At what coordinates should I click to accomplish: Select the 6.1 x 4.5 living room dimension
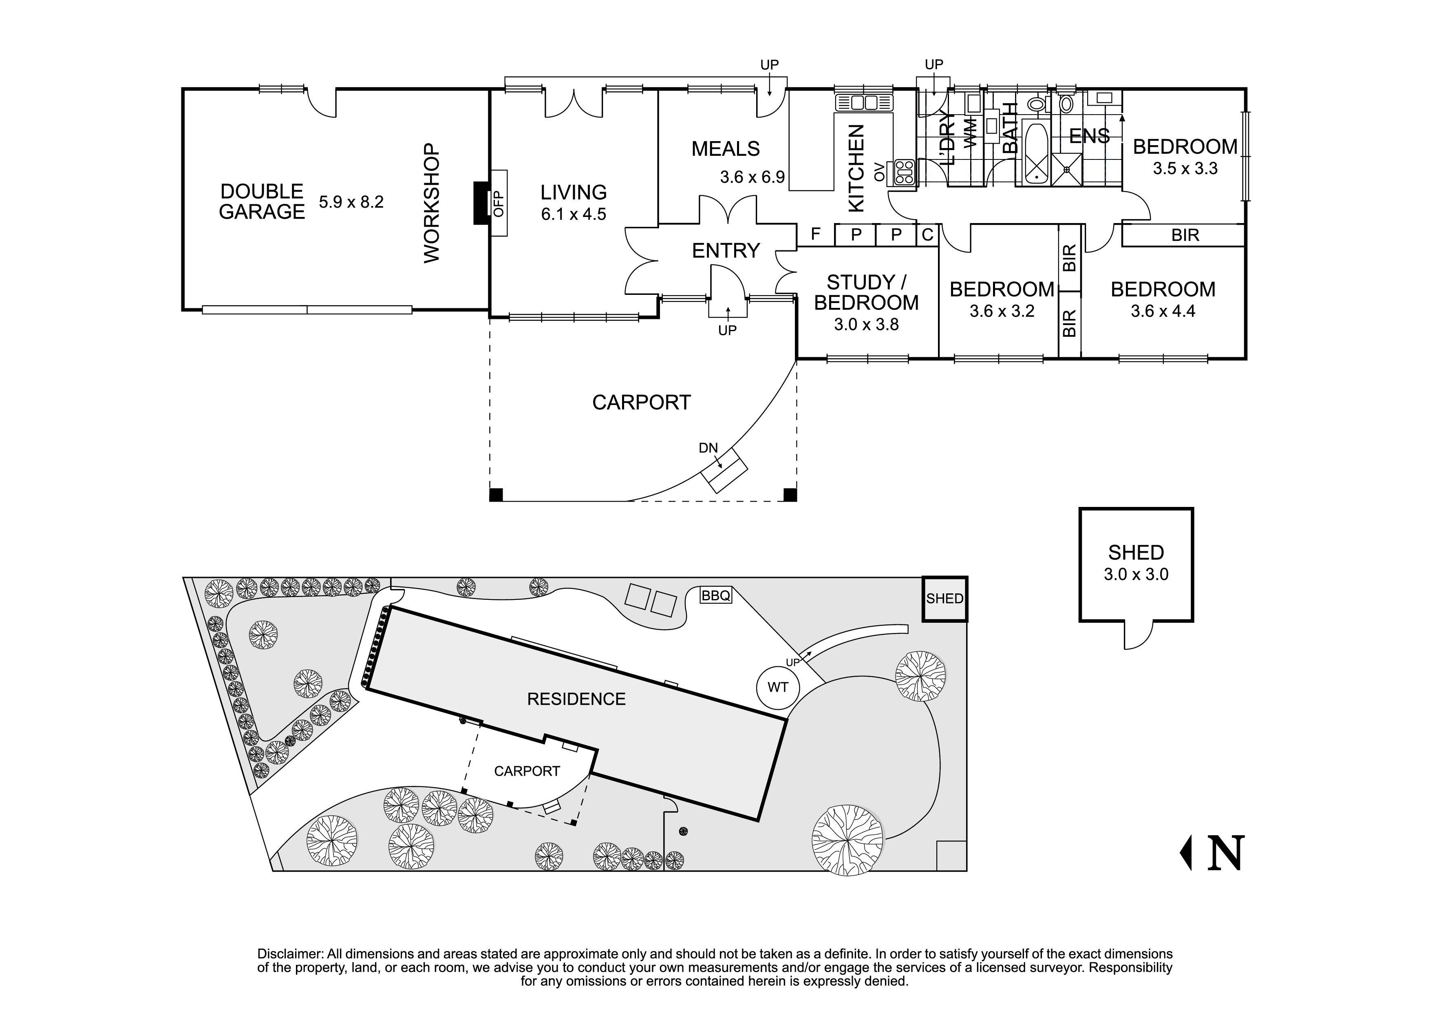pos(573,214)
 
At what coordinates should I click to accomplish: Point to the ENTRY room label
pos(726,250)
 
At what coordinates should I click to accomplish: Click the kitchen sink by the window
pos(863,102)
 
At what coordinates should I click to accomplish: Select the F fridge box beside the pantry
pos(815,235)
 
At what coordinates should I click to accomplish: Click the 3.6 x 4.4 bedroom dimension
pos(1162,311)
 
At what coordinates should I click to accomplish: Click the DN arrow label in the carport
pos(708,448)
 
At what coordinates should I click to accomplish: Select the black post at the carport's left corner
pos(496,495)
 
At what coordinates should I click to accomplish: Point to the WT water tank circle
pos(777,687)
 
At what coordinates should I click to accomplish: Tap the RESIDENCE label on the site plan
pos(576,699)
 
